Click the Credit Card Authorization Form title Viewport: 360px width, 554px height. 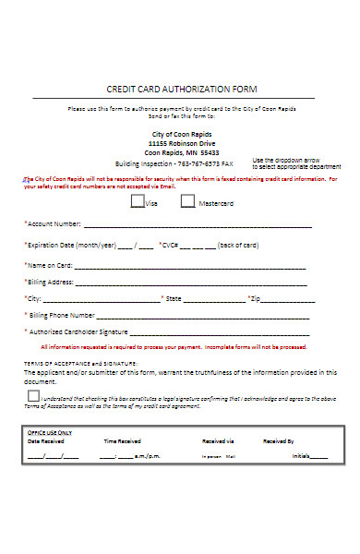tap(182, 89)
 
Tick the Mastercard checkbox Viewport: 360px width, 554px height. tap(187, 200)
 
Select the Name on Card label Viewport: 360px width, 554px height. tap(52, 265)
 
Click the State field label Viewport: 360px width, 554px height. tap(172, 298)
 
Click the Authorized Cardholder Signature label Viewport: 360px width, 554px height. tap(78, 331)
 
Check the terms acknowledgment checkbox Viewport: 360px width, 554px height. tap(33, 396)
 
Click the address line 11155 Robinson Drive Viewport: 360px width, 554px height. tap(183, 144)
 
